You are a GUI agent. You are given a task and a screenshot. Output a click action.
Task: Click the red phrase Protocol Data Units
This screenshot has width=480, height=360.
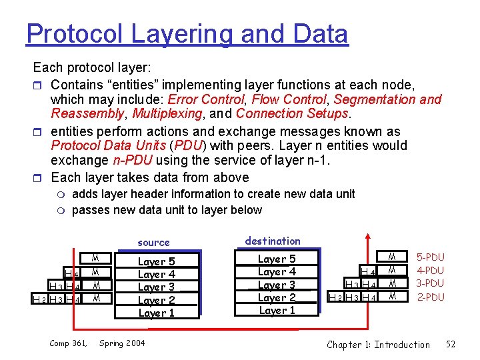click(109, 146)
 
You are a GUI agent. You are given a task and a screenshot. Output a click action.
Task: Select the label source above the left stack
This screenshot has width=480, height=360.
click(153, 243)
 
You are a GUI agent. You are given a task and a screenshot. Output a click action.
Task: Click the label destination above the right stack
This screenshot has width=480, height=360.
click(273, 241)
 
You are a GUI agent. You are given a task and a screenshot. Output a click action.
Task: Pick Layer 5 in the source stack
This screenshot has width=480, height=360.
click(156, 262)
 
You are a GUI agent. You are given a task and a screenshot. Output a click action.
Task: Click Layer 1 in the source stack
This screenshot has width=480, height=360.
click(156, 313)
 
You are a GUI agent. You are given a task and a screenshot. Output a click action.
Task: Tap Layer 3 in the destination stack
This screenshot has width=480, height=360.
click(277, 285)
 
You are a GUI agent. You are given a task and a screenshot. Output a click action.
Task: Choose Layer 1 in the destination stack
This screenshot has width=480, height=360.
click(277, 310)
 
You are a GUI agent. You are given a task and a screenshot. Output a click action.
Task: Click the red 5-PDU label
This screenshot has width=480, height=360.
click(431, 257)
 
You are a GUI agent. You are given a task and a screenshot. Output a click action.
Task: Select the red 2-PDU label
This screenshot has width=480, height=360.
click(431, 297)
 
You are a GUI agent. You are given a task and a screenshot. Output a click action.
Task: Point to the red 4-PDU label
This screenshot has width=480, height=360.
click(431, 270)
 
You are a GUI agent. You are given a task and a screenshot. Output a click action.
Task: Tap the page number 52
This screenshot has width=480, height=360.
click(451, 344)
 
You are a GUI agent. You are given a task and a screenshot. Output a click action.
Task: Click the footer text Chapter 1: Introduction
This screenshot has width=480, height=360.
click(378, 345)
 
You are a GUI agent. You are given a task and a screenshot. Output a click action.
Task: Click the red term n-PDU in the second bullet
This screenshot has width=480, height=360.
click(110, 160)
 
